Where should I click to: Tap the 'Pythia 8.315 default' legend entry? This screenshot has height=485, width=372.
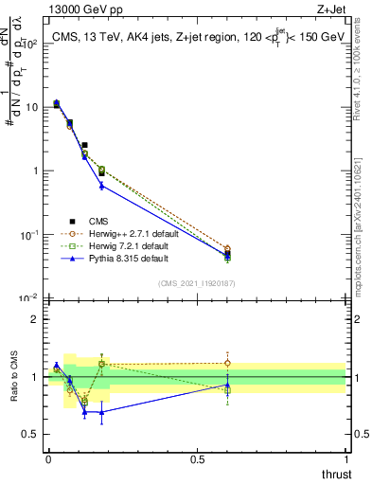(x=117, y=257)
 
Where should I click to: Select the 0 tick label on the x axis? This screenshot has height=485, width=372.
(x=47, y=459)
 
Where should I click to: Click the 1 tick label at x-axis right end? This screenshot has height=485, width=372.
(x=345, y=459)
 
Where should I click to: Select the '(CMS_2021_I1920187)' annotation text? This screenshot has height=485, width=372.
(x=196, y=283)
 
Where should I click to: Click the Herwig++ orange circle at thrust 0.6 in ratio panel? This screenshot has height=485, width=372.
(x=227, y=363)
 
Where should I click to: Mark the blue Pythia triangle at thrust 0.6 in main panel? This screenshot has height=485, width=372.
(x=227, y=255)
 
